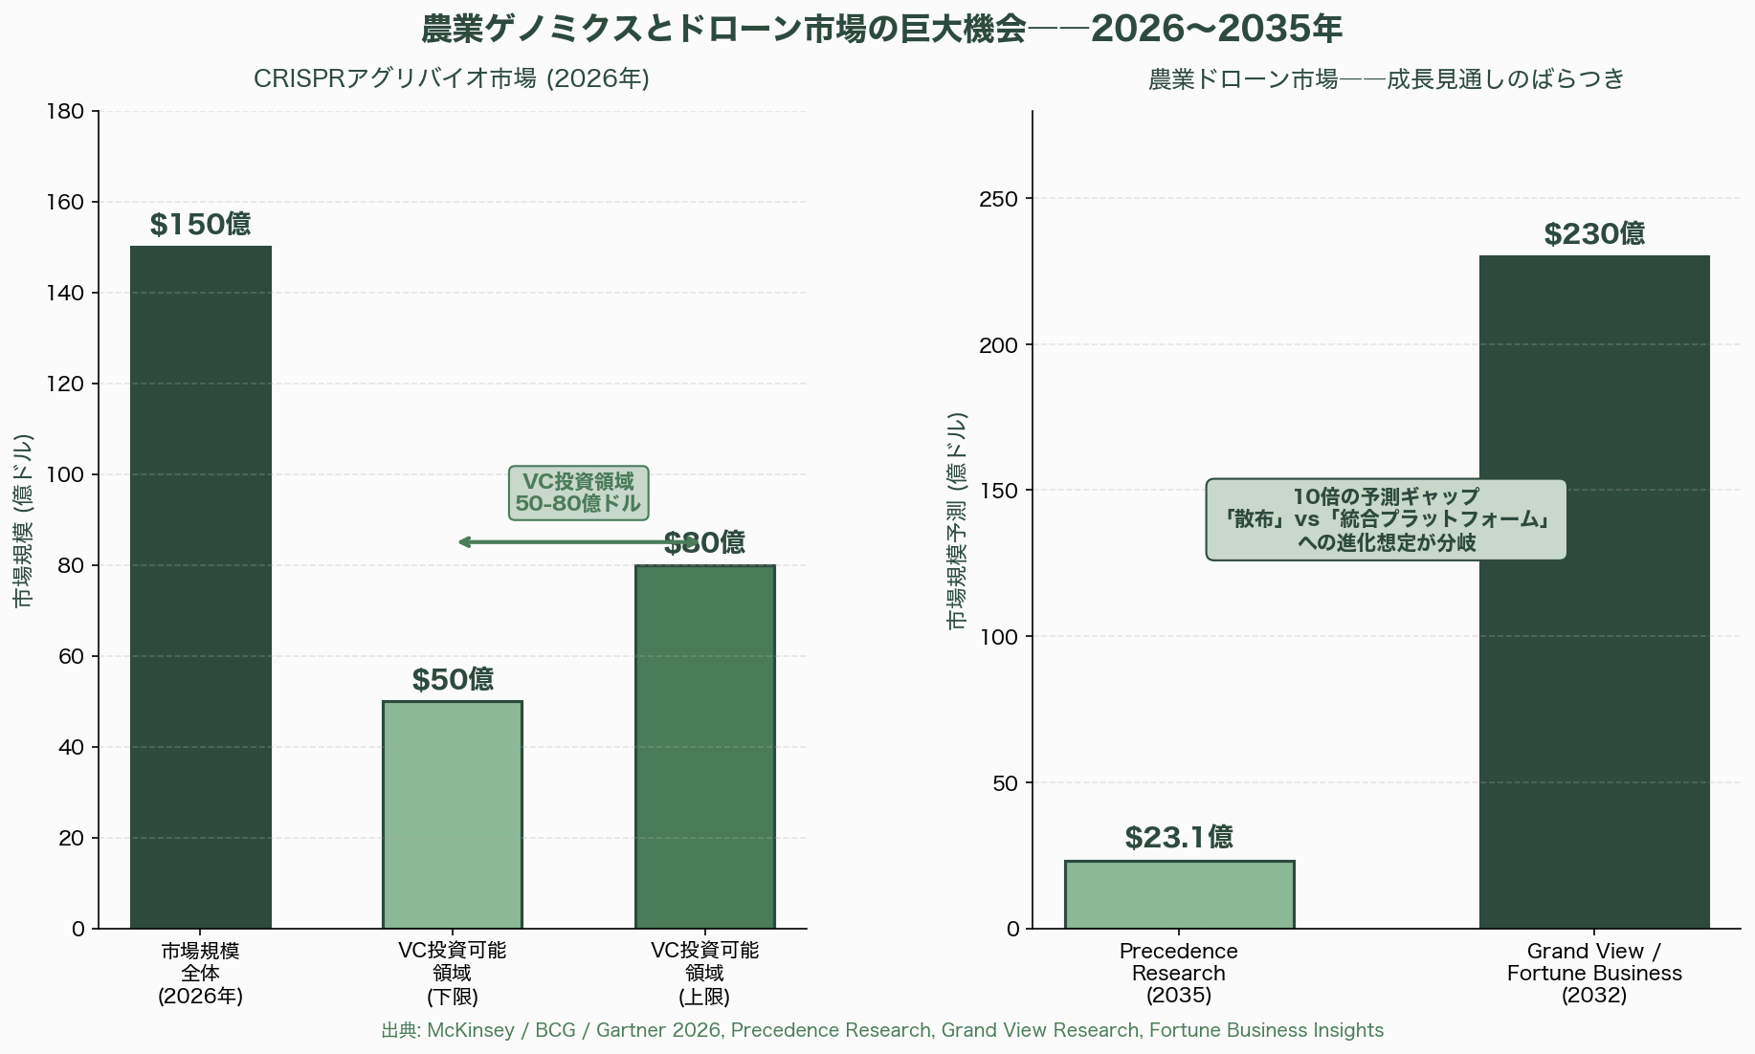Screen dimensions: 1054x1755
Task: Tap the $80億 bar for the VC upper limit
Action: pyautogui.click(x=705, y=746)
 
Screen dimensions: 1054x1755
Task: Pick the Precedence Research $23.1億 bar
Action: pyautogui.click(x=1179, y=894)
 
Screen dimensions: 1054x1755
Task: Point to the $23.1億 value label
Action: pyautogui.click(x=1179, y=838)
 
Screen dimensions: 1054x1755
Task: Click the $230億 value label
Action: pyautogui.click(x=1594, y=234)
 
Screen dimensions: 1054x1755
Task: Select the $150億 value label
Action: pyautogui.click(x=201, y=225)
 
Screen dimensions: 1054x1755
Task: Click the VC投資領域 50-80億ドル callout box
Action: pyautogui.click(x=578, y=493)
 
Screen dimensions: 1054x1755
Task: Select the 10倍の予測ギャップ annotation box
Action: pyautogui.click(x=1386, y=519)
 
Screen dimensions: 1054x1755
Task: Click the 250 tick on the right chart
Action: pyautogui.click(x=999, y=199)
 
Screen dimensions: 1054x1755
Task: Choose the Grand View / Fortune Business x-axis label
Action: pyautogui.click(x=1594, y=973)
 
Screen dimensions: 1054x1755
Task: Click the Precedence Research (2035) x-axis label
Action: pyautogui.click(x=1179, y=973)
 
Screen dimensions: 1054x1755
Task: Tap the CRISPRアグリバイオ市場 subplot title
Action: pyautogui.click(x=452, y=78)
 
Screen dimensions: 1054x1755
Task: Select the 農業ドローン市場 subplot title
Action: pyautogui.click(x=1386, y=78)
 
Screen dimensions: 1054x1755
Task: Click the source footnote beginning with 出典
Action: pyautogui.click(x=882, y=1030)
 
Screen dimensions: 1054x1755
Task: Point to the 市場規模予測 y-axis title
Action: pyautogui.click(x=957, y=520)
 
